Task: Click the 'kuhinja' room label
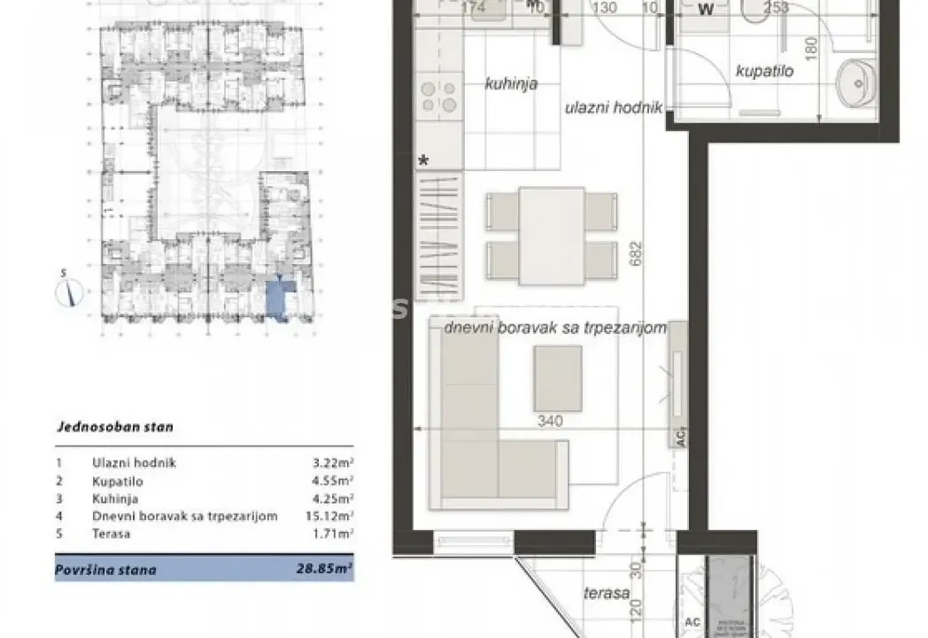pyautogui.click(x=511, y=85)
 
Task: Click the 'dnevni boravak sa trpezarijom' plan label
pyautogui.click(x=553, y=328)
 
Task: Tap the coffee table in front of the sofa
pyautogui.click(x=556, y=377)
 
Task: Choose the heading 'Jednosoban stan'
pyautogui.click(x=114, y=426)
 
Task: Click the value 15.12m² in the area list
pyautogui.click(x=332, y=516)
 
